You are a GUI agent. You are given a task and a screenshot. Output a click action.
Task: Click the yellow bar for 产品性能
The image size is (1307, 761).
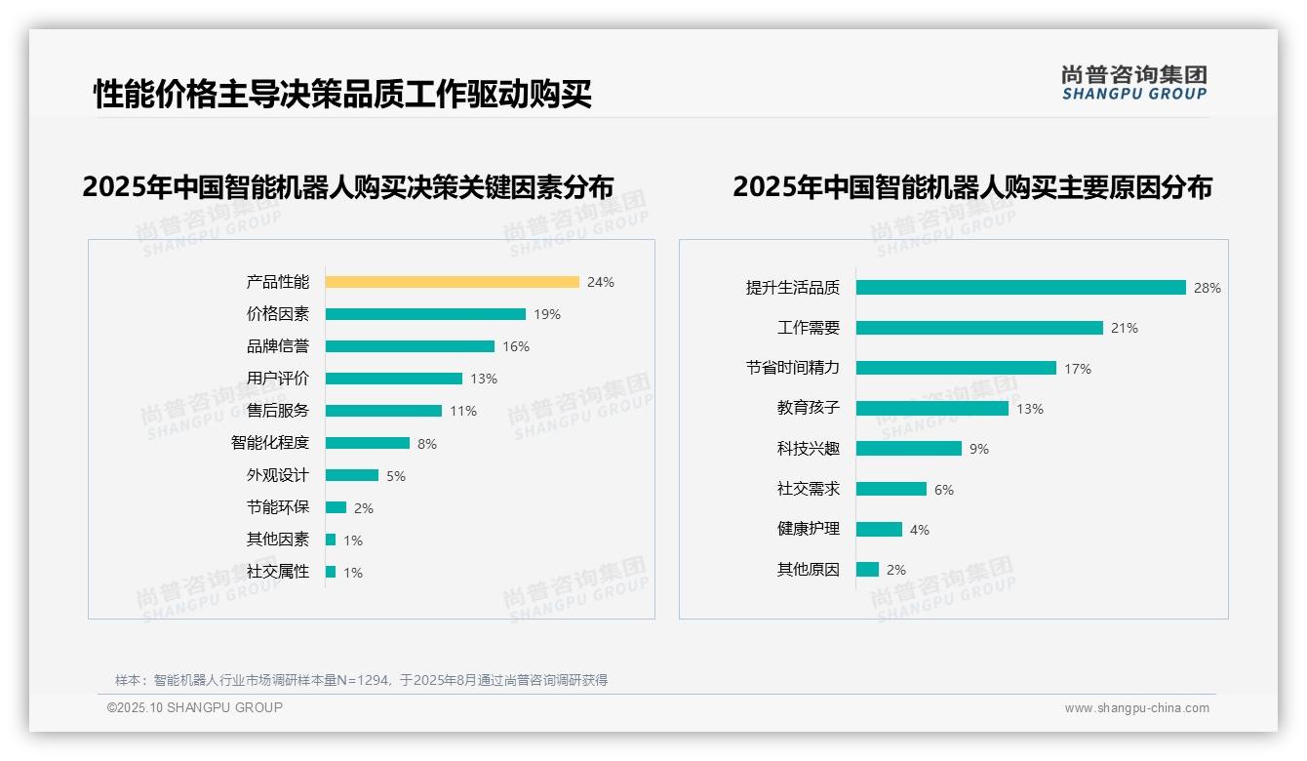452,282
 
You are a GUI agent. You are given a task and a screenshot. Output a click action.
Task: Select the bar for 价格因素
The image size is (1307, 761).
425,314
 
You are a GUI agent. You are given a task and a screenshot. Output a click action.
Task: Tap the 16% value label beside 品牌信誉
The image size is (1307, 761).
516,346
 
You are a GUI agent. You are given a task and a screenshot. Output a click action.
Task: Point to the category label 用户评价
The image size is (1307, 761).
278,379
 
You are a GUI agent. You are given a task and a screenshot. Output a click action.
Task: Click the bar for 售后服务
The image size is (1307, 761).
383,411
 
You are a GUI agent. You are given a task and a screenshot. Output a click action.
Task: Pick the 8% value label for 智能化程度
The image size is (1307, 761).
427,444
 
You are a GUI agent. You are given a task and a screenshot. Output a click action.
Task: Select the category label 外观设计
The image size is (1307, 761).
278,475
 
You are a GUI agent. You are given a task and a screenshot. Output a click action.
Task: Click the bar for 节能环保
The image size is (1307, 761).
336,507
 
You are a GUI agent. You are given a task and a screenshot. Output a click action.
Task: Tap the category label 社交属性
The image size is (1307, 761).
278,572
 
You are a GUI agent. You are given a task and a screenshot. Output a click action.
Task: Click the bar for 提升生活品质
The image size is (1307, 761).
1020,288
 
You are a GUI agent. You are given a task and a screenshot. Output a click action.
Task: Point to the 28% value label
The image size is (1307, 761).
1208,288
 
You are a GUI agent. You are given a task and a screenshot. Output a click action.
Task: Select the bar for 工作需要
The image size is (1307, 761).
979,328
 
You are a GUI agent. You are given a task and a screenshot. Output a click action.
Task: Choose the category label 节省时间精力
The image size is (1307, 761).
793,368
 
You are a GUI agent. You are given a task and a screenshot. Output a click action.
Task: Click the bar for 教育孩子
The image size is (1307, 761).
931,409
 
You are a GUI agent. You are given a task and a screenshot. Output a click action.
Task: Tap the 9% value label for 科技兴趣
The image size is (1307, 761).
979,449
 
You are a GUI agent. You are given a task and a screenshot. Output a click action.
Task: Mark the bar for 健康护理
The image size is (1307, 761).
879,529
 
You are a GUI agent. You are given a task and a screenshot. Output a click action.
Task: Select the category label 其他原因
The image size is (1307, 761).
809,570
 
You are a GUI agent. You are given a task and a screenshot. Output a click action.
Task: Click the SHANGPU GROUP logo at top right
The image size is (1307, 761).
1134,83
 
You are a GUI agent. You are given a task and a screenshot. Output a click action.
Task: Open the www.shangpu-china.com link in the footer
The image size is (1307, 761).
1136,708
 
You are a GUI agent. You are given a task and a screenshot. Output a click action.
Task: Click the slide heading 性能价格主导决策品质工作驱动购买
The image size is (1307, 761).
342,95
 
